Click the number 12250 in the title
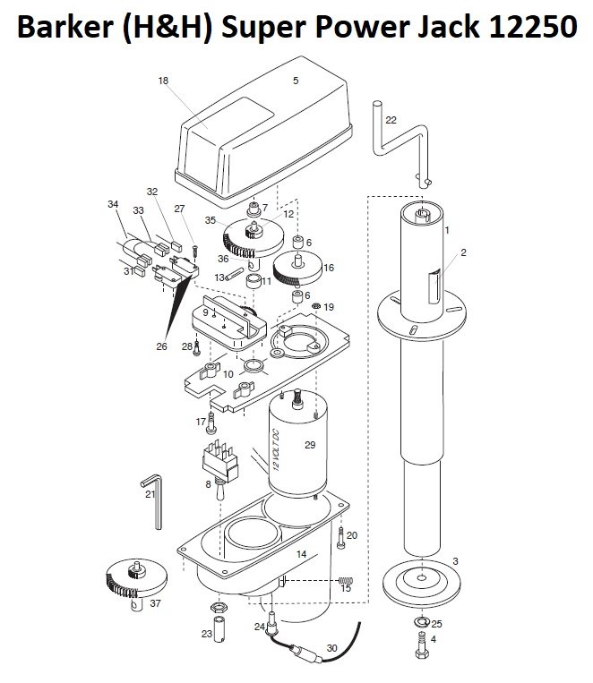click(533, 27)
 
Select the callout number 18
click(163, 81)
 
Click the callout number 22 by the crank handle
click(391, 120)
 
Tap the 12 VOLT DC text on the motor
click(276, 450)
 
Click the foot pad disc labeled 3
click(422, 584)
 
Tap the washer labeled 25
click(422, 621)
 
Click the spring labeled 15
click(346, 580)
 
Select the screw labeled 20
click(341, 537)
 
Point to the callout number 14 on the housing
click(301, 554)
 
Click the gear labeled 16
click(297, 269)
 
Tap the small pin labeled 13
click(234, 275)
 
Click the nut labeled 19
click(315, 306)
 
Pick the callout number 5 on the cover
click(296, 81)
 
